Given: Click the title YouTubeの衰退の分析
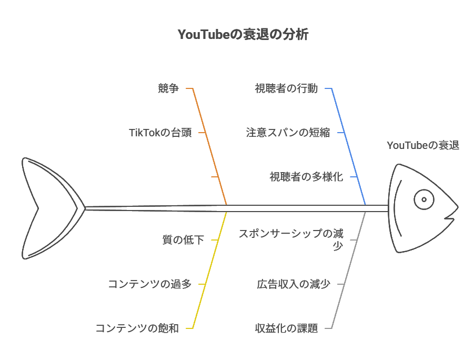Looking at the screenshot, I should pos(243,35).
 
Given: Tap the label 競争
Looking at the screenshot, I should pos(168,88).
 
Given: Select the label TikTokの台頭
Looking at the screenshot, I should pos(160,133).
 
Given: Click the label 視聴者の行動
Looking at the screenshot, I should pos(286,88).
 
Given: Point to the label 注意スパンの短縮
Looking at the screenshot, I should pos(288,133).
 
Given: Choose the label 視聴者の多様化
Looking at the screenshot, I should pos(306,177).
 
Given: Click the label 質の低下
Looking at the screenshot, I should pos(183,240).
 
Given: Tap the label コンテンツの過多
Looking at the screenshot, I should pos(149,284).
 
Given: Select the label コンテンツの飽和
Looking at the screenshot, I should pos(137,328).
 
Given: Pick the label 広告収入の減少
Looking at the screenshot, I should pos(293,284).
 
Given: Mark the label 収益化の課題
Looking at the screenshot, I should pos(286,328).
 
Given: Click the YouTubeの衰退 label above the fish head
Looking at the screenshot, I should pos(422,145).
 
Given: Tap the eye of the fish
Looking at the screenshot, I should pos(423,199).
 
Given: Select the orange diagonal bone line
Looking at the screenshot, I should pos(210,147).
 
